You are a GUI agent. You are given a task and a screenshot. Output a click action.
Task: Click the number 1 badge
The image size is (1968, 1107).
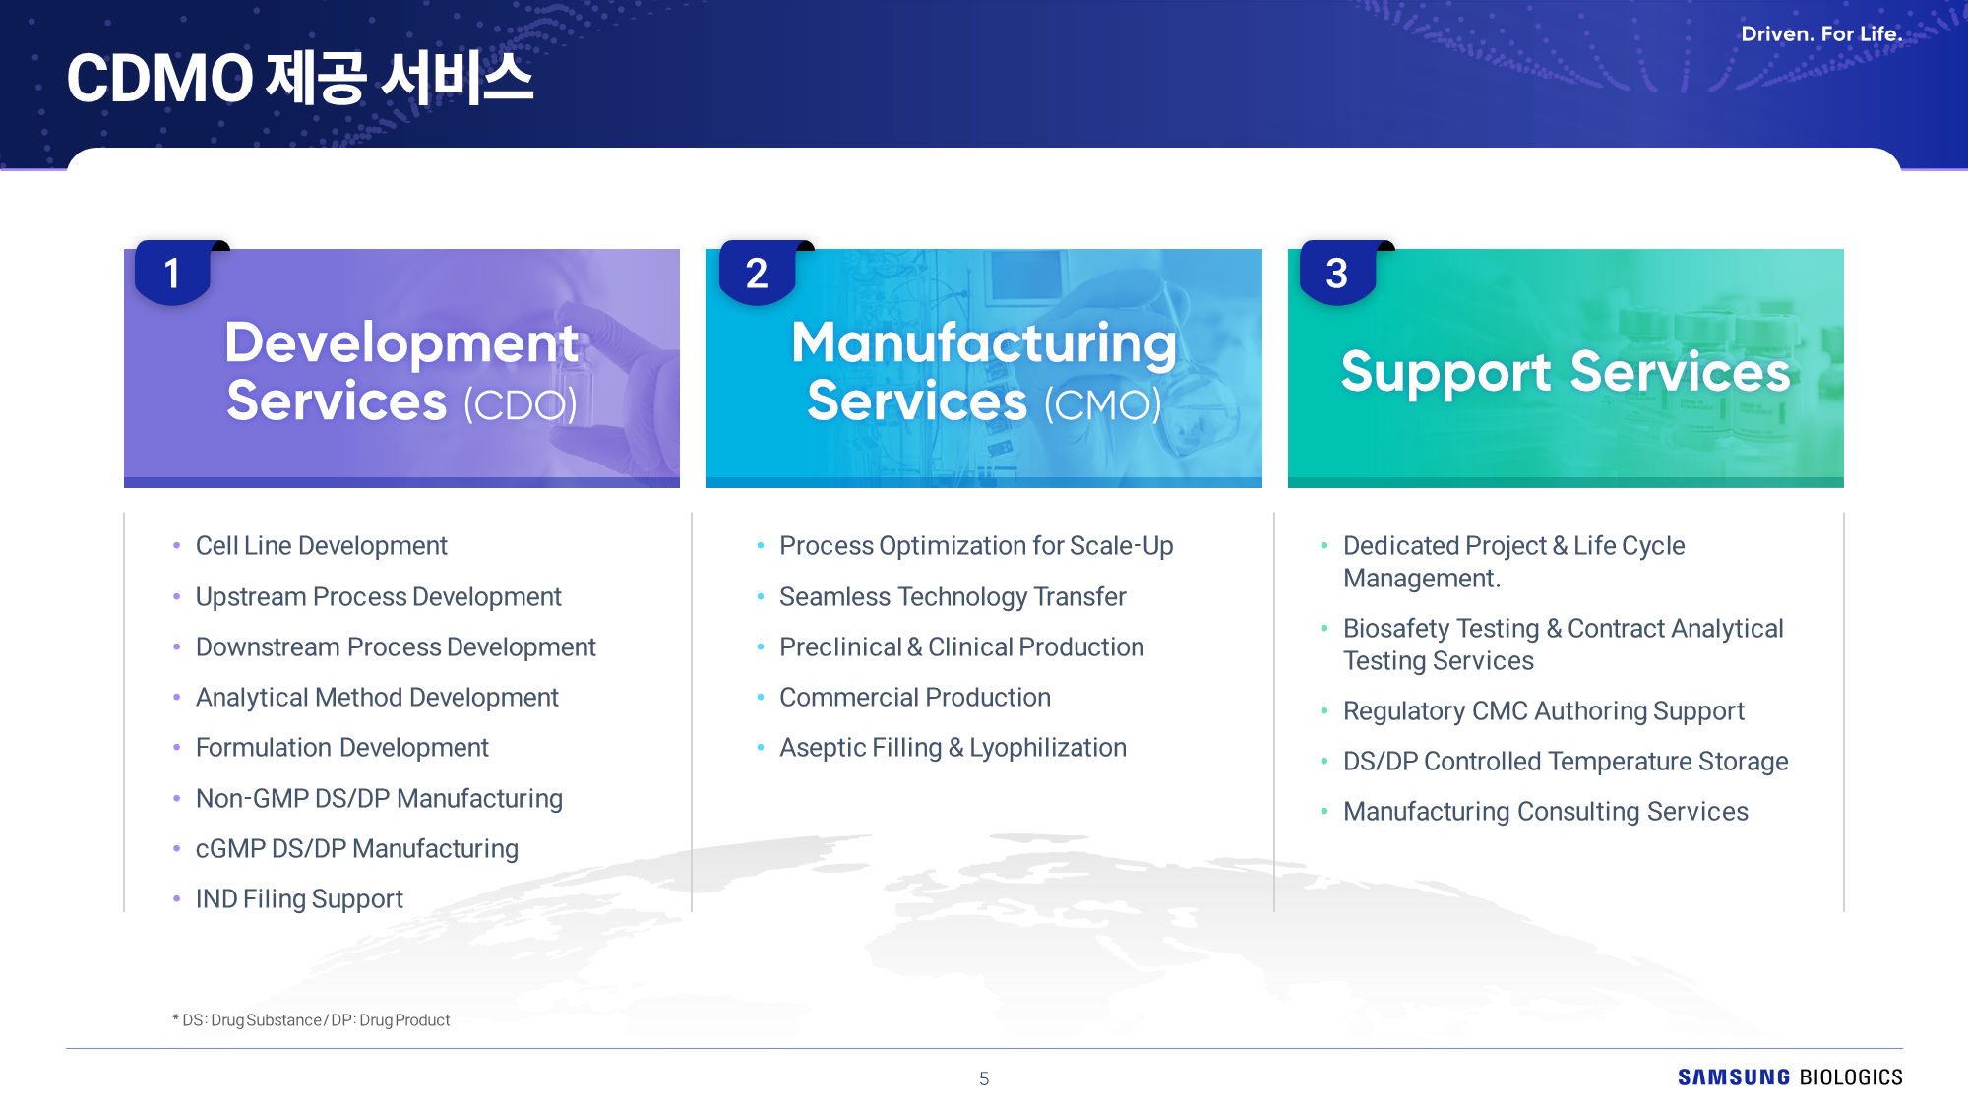[172, 273]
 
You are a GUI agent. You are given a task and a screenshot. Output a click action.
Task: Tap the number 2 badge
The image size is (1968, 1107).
[757, 273]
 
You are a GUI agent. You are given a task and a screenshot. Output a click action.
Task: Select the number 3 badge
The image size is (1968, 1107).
[1337, 273]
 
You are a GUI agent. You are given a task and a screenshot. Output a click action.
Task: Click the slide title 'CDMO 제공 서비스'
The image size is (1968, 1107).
[300, 78]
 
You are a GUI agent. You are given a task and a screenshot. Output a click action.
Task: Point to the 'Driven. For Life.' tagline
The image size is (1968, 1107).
[1821, 33]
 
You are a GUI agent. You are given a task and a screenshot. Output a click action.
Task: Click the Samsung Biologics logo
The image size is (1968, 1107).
[1790, 1077]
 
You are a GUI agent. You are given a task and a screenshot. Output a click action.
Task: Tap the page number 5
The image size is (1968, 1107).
[984, 1078]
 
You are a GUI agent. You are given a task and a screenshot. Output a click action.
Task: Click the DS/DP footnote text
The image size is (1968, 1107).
[311, 1020]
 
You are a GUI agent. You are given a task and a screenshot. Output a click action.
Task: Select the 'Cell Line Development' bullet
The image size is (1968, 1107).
[321, 546]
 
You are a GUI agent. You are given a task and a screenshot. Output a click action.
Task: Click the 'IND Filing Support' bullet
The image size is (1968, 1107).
[299, 899]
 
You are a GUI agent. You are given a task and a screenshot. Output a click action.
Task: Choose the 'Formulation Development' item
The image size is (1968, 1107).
[341, 748]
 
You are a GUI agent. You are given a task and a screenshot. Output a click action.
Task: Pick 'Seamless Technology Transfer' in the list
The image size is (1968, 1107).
[953, 597]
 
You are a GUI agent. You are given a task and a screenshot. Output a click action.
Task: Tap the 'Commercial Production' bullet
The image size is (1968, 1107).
[915, 698]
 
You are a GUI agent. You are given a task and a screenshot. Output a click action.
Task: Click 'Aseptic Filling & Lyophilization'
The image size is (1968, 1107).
[953, 748]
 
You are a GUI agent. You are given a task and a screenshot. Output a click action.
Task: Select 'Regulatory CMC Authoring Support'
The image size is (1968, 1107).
[1543, 711]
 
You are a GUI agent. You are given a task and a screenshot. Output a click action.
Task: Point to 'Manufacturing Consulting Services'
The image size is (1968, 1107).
[1545, 812]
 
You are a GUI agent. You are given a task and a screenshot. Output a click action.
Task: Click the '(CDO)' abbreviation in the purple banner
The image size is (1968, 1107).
[520, 404]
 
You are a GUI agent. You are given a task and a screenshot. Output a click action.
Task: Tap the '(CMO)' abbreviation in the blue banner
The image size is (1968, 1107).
[1102, 404]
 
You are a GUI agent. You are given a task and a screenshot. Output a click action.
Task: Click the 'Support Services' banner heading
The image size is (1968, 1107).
[1566, 372]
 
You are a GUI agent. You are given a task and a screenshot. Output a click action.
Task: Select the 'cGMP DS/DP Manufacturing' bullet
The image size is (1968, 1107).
[356, 849]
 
